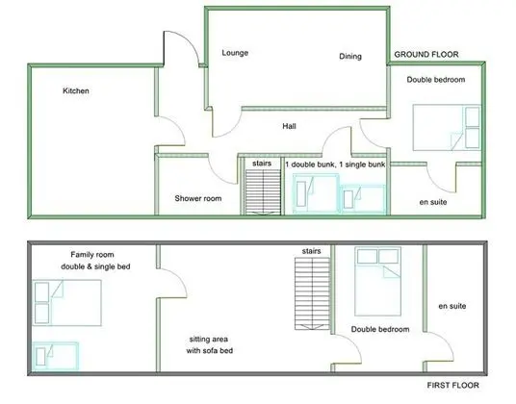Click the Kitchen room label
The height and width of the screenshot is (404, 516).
coord(76,90)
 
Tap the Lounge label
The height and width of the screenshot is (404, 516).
coord(235,53)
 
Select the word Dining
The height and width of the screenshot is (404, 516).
coord(350,56)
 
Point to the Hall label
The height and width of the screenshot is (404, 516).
coord(289,126)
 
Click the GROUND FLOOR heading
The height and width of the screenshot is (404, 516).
coord(426,54)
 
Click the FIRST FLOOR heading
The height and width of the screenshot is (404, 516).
coord(452,385)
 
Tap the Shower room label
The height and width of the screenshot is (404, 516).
coord(197,198)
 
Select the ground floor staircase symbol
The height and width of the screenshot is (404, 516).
coord(263,192)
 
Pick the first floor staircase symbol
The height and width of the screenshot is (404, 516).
coord(312,293)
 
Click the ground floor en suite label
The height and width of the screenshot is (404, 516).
coord(433,202)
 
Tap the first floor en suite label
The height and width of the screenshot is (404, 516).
coord(452,306)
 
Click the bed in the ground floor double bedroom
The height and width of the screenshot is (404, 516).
coord(447,128)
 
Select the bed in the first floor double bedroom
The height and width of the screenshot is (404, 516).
coord(377,282)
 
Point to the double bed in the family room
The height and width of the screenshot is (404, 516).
coord(66,303)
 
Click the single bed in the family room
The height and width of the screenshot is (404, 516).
coord(56,356)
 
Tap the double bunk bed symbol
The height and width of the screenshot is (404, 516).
coord(316,193)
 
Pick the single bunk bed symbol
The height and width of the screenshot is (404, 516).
coord(363,198)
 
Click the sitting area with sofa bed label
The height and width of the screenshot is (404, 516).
coord(209,344)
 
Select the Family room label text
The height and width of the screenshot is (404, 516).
coord(92,255)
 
